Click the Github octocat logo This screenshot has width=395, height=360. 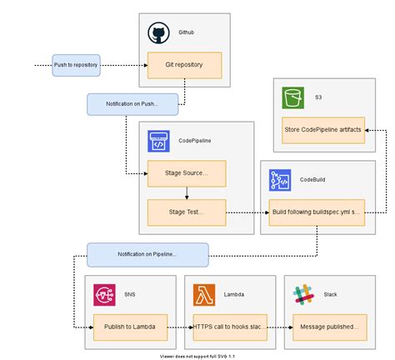click(158, 34)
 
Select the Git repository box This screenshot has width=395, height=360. click(185, 65)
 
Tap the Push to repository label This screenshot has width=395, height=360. click(77, 65)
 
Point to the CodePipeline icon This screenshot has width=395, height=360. click(158, 142)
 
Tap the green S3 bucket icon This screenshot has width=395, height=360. click(292, 97)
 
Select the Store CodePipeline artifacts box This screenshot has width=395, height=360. click(322, 130)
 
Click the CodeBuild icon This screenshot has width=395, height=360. click(279, 181)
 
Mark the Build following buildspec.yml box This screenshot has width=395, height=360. click(316, 212)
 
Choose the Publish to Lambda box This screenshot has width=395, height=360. click(130, 327)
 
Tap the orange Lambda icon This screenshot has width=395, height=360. click(204, 294)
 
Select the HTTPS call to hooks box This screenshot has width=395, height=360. click(228, 327)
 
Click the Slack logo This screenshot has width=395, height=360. click(302, 294)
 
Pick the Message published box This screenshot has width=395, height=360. click(327, 327)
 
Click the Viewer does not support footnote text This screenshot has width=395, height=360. click(197, 355)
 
